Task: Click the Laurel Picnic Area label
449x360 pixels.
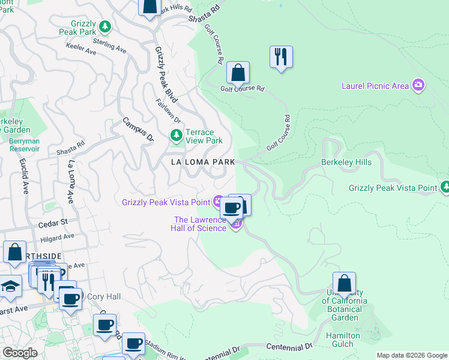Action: (x=375, y=86)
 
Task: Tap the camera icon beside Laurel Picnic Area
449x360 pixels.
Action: (x=419, y=85)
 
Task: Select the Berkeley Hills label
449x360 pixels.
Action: (x=346, y=162)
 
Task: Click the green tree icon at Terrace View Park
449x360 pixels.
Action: (x=176, y=136)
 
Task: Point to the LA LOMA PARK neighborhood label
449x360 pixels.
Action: (x=202, y=163)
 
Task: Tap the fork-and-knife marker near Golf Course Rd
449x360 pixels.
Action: (x=281, y=57)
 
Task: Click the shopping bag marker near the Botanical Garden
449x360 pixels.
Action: (x=345, y=283)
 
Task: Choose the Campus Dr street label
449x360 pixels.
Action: (x=138, y=129)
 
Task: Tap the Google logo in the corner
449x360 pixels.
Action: (x=20, y=353)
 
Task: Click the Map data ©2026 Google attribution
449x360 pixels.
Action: (x=411, y=355)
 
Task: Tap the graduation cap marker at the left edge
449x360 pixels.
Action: (x=10, y=286)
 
